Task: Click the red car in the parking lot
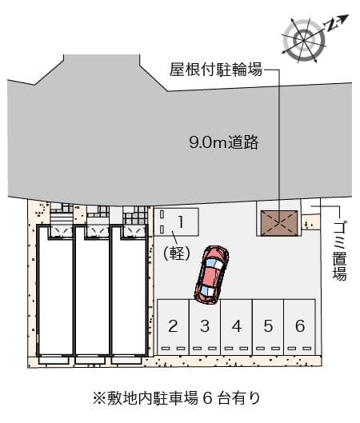coord(211,274)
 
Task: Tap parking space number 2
coord(173,325)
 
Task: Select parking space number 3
coord(205,325)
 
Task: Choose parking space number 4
coord(236,325)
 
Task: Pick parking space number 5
coord(268,325)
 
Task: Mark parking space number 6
coord(299,325)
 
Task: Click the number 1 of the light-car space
coord(182,219)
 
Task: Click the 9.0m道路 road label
coord(224,143)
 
